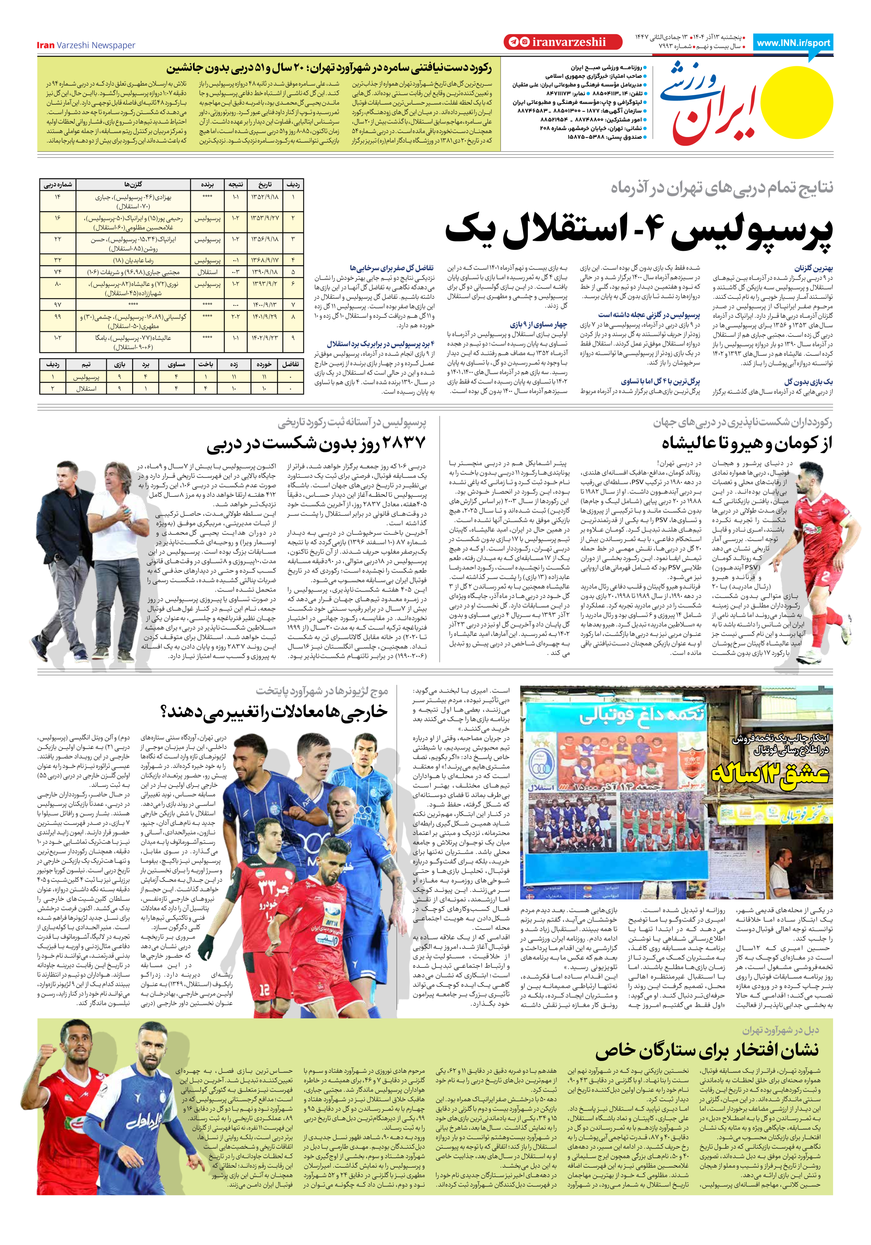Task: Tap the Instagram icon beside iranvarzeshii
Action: point(524,42)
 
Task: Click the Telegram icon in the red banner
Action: point(513,42)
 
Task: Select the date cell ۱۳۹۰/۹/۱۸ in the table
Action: point(264,272)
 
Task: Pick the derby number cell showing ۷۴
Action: point(57,272)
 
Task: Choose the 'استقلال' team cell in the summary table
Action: point(86,388)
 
